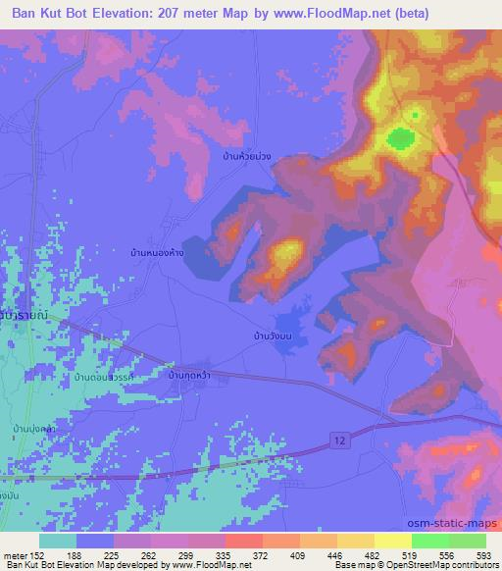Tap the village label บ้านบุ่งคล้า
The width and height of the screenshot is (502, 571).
tap(35, 429)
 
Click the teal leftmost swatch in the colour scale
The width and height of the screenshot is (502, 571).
tap(58, 541)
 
